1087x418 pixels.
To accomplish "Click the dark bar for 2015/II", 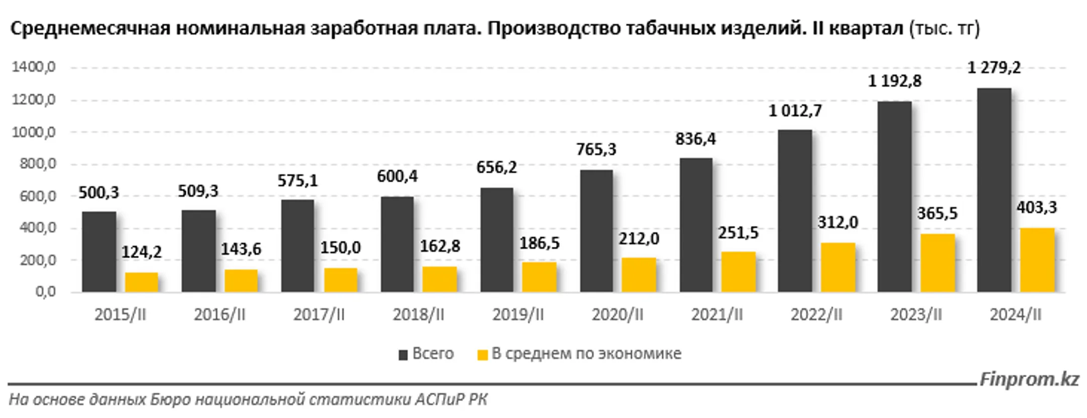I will pos(99,252).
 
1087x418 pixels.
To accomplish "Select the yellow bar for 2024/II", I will pos(1037,260).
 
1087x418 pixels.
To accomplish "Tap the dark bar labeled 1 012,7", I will pos(795,212).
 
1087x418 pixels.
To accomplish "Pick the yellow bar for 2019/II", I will pos(539,277).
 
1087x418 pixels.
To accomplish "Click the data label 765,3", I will pos(596,150).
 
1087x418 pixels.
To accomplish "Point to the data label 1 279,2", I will pos(994,67).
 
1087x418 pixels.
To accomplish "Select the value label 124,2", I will pos(141,252).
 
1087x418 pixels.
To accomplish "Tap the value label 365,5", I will pos(937,214).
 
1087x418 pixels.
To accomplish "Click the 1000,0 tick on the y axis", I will pos(34,132).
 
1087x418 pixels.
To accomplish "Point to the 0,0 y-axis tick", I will pos(45,292).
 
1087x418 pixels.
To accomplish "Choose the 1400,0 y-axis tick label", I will pos(34,67).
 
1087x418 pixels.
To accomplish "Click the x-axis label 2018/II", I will pos(418,315).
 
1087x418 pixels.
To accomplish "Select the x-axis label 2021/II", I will pos(717,315).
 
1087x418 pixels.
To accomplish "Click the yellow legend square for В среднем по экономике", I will pos(483,355).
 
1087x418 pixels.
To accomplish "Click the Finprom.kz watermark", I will pos(1029,379).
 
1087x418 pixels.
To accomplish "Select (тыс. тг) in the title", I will pos(945,29).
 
